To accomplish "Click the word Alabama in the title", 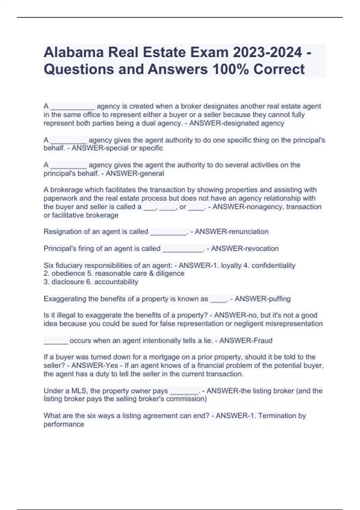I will (73, 52).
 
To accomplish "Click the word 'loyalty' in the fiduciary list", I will (231, 265).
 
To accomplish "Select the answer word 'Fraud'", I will (263, 341).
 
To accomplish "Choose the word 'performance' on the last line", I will (64, 424).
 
